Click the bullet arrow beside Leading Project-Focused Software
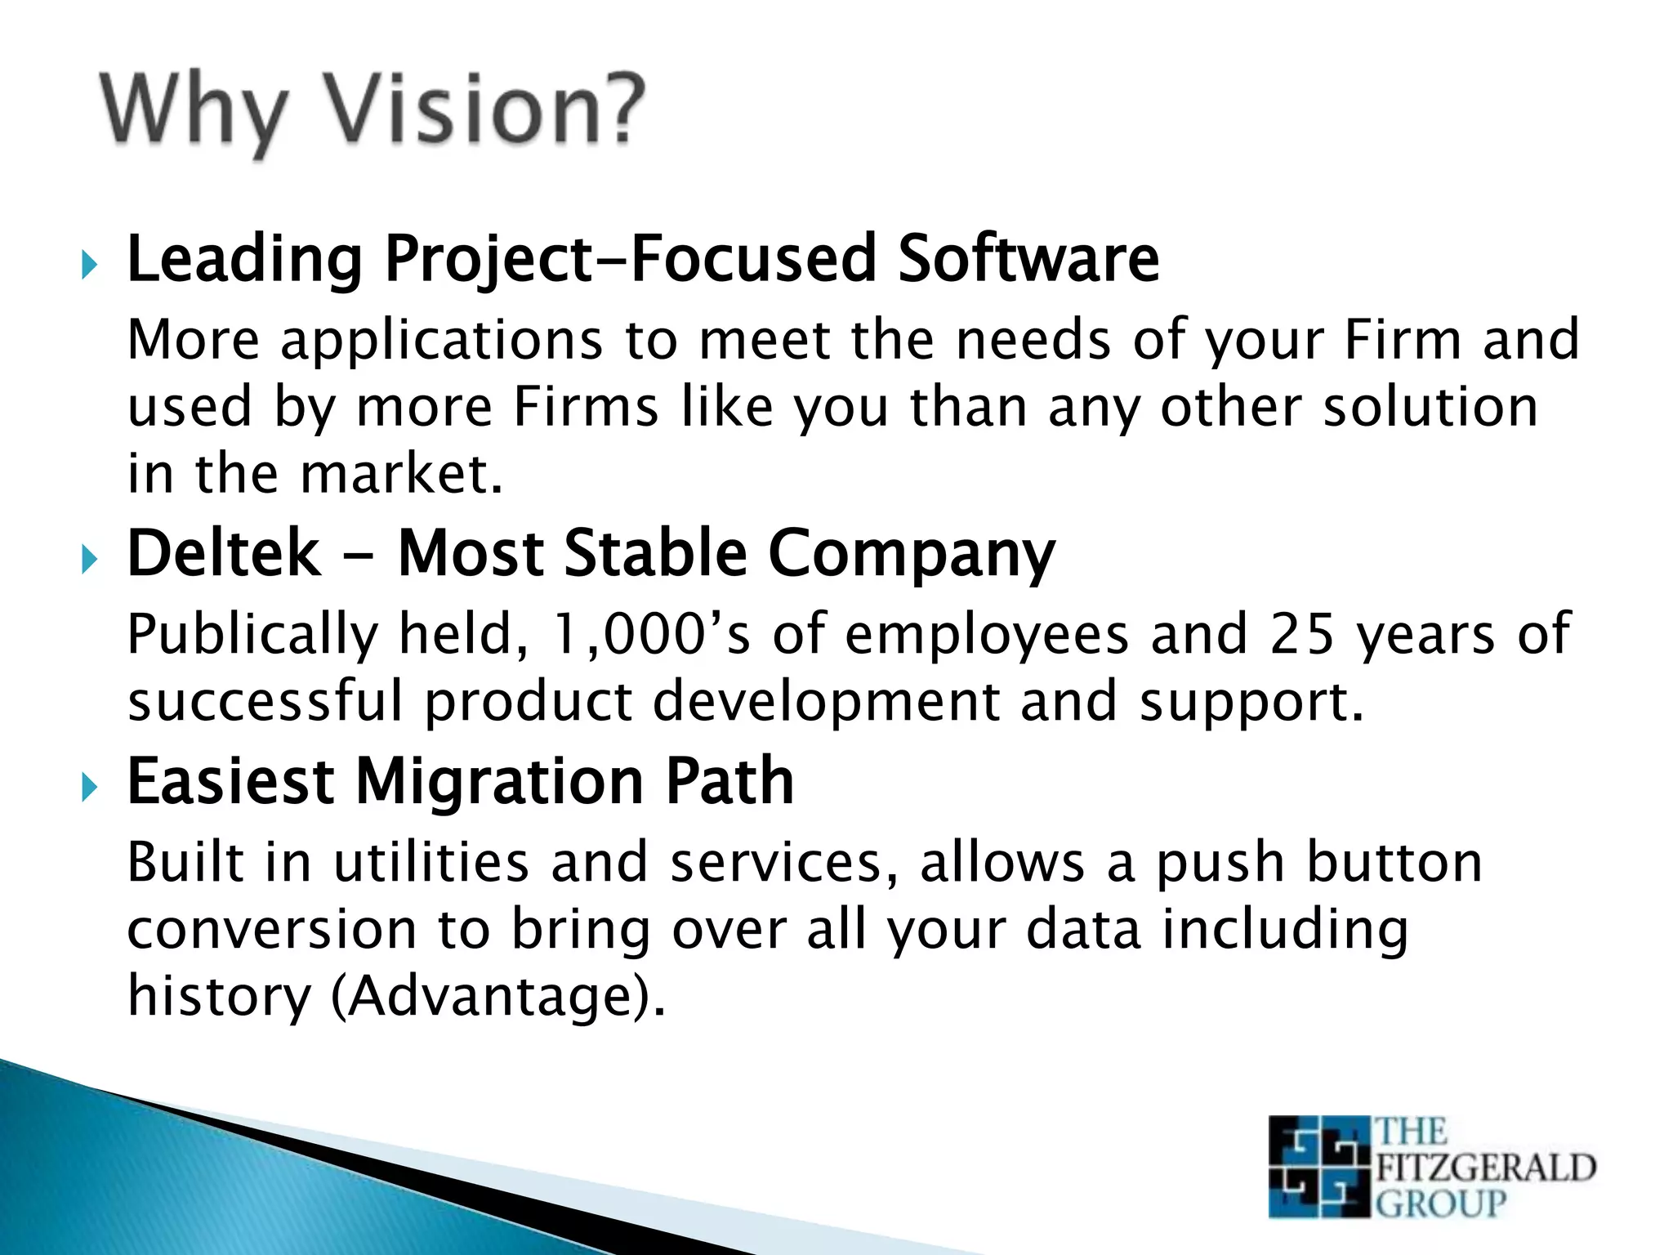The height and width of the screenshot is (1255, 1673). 89,265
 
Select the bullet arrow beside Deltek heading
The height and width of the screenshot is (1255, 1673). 89,560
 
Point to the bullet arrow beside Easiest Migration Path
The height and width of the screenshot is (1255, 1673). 89,788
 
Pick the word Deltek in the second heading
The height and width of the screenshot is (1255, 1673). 224,553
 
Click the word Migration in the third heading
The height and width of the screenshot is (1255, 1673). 499,783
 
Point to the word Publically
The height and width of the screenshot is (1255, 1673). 253,636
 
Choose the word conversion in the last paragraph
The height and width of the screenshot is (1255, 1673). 272,930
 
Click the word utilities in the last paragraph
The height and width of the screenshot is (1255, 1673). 431,862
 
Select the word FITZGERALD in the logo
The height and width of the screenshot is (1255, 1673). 1485,1167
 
